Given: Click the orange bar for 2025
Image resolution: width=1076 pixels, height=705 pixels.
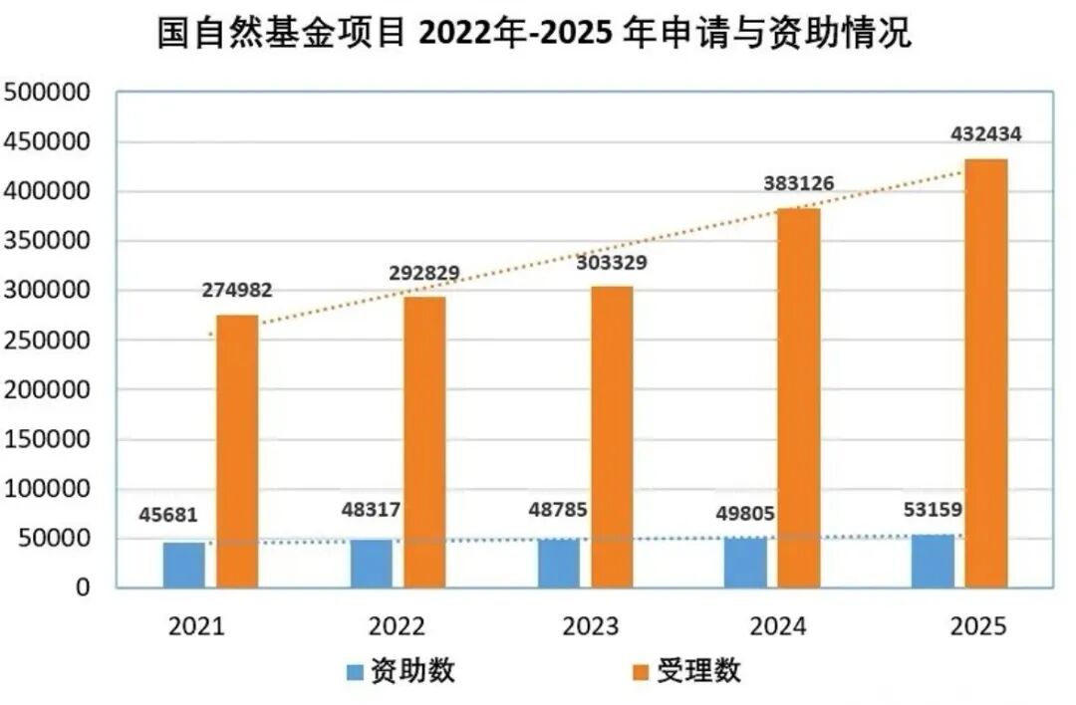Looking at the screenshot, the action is pyautogui.click(x=986, y=373).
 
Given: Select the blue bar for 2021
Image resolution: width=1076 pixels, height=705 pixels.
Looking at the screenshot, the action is pyautogui.click(x=184, y=566).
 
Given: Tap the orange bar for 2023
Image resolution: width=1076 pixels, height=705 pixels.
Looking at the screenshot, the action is pyautogui.click(x=612, y=437).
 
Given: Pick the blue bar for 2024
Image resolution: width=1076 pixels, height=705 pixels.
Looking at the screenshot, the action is pyautogui.click(x=745, y=563).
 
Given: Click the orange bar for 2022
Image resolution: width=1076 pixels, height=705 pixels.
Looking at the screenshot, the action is pyautogui.click(x=424, y=442).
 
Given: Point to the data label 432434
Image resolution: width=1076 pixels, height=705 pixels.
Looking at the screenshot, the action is pyautogui.click(x=986, y=133).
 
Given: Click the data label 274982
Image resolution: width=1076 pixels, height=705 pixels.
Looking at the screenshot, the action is pyautogui.click(x=237, y=290).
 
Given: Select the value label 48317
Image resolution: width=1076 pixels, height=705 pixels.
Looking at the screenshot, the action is pyautogui.click(x=371, y=510).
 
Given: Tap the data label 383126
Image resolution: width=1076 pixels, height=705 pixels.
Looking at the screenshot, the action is pyautogui.click(x=799, y=183).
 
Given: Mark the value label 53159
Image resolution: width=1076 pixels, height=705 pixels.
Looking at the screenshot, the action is pyautogui.click(x=933, y=510).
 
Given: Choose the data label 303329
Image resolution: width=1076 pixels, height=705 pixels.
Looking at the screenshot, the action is pyautogui.click(x=612, y=262).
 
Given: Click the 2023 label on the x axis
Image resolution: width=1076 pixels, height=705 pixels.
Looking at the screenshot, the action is pyautogui.click(x=590, y=626).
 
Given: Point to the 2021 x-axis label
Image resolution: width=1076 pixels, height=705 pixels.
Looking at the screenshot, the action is pyautogui.click(x=196, y=626).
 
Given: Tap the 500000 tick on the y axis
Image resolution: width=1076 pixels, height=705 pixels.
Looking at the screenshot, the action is pyautogui.click(x=47, y=92).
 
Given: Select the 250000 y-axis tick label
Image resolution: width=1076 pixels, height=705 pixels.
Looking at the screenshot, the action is pyautogui.click(x=47, y=340).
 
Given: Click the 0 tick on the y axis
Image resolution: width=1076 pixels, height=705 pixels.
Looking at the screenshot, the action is pyautogui.click(x=83, y=587).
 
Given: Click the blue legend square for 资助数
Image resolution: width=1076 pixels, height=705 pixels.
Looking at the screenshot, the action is pyautogui.click(x=355, y=672).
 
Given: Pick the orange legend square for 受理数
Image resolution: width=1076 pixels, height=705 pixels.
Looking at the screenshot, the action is pyautogui.click(x=640, y=672).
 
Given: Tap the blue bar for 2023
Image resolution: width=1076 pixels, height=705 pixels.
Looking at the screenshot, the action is pyautogui.click(x=559, y=564).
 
